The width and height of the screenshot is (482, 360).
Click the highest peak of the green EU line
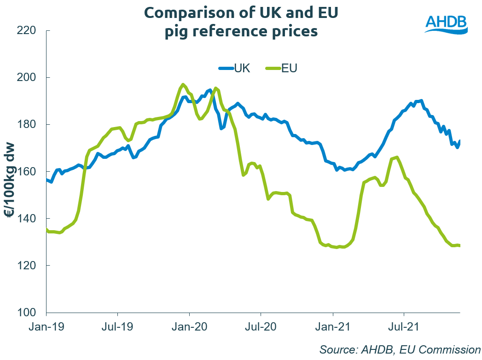[183, 85]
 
